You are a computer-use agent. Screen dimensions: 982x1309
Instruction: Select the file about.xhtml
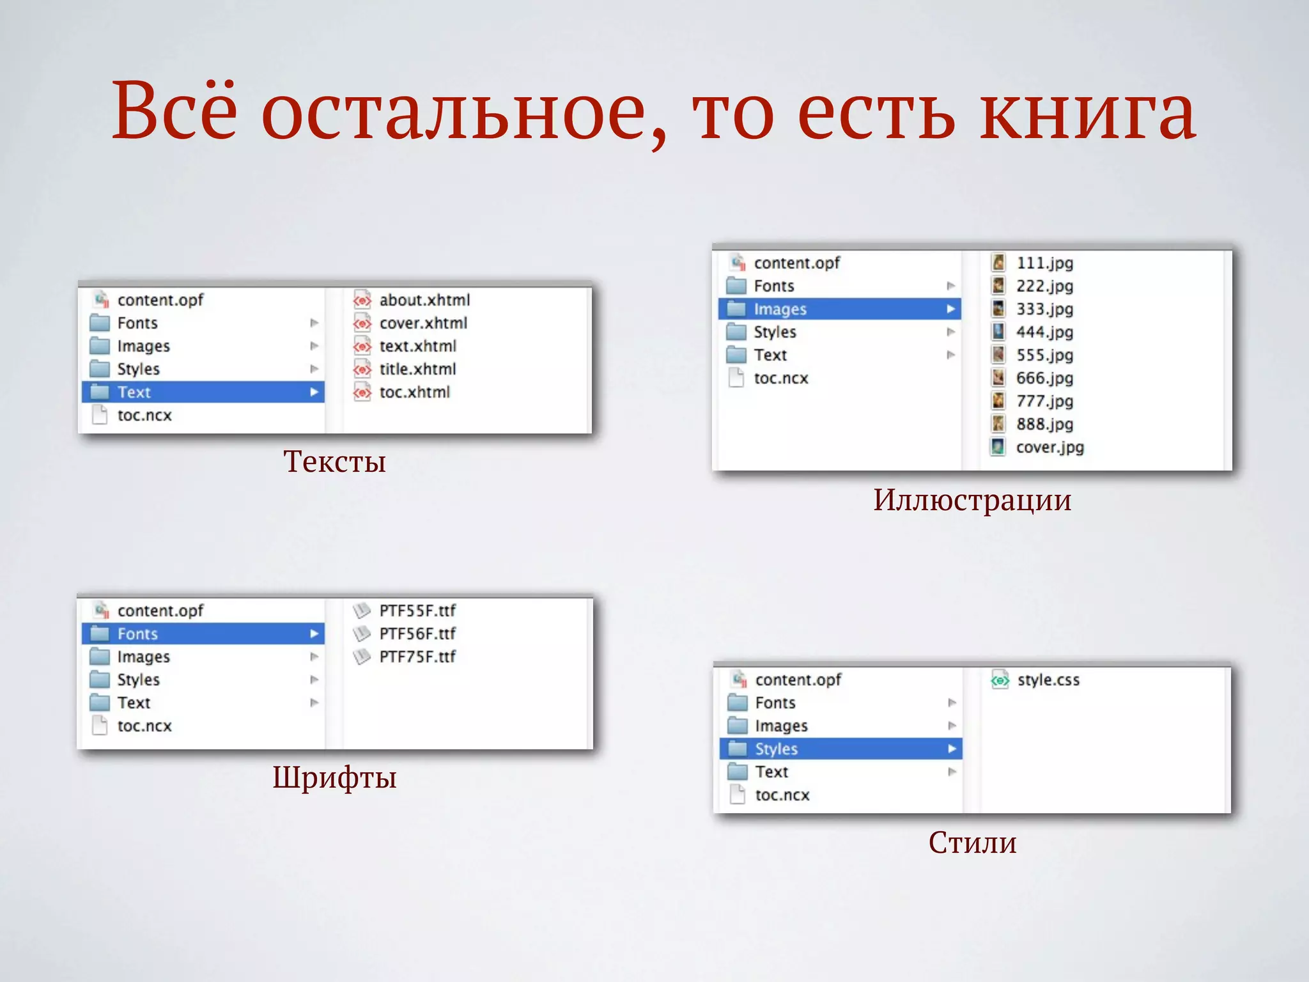click(424, 300)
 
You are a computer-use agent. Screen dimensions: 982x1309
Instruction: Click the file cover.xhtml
click(422, 323)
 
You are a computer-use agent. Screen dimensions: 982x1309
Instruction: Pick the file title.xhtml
click(417, 369)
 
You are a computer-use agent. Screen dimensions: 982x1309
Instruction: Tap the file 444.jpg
click(1044, 332)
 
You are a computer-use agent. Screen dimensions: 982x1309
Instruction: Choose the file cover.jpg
click(1050, 447)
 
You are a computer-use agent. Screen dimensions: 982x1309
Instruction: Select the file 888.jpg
click(1044, 424)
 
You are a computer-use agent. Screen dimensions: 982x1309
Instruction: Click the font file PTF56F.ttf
click(417, 634)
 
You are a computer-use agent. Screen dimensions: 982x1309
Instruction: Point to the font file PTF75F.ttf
click(417, 657)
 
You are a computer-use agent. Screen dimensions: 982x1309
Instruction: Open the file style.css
click(1048, 680)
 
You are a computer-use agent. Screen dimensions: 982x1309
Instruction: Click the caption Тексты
click(334, 462)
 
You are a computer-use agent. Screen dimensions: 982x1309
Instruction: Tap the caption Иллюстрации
click(972, 500)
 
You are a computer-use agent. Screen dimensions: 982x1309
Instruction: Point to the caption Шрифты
click(334, 777)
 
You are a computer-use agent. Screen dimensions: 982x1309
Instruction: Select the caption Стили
click(972, 843)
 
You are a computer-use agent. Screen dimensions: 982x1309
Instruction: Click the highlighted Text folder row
click(203, 392)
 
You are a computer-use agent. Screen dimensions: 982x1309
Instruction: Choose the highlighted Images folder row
click(839, 309)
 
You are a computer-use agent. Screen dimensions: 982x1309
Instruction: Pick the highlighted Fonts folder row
click(203, 634)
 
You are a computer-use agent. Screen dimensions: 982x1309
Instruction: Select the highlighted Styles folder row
click(840, 749)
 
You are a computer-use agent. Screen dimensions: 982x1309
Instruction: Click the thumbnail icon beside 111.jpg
click(998, 263)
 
